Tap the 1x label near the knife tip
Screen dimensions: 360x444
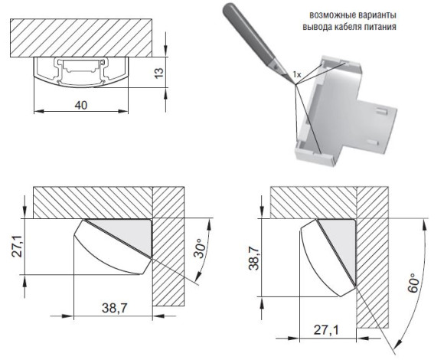296,74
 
